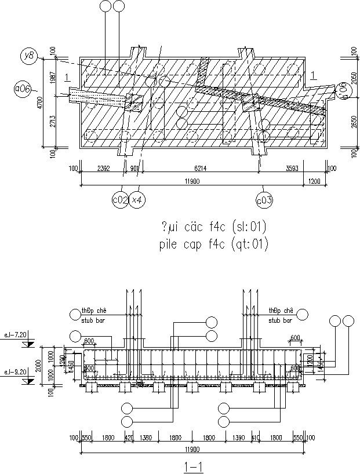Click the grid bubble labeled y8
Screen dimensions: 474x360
28,56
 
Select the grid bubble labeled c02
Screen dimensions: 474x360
119,200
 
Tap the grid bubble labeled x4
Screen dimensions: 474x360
137,200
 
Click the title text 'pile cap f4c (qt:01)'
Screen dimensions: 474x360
212,245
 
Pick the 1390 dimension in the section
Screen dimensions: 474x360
239,438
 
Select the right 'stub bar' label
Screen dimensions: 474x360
280,319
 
